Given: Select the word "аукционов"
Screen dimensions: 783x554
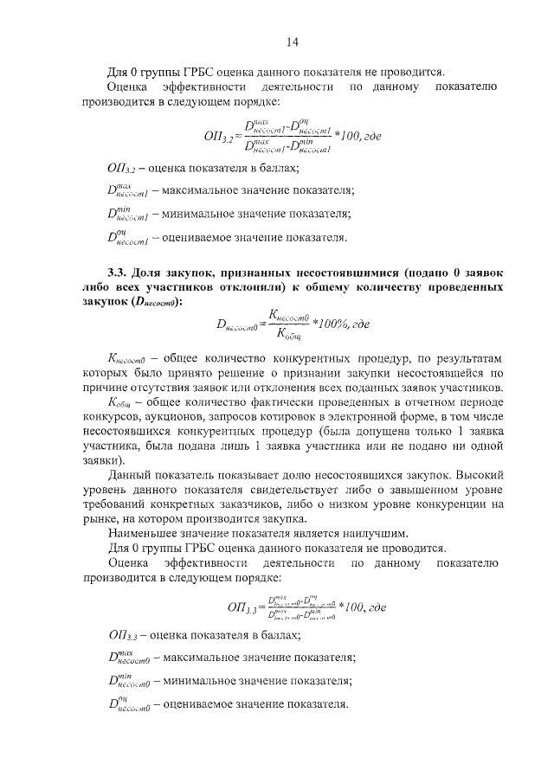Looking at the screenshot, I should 188,417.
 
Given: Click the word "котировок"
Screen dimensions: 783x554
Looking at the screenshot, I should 292,417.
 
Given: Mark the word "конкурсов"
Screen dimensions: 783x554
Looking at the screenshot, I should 131,417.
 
